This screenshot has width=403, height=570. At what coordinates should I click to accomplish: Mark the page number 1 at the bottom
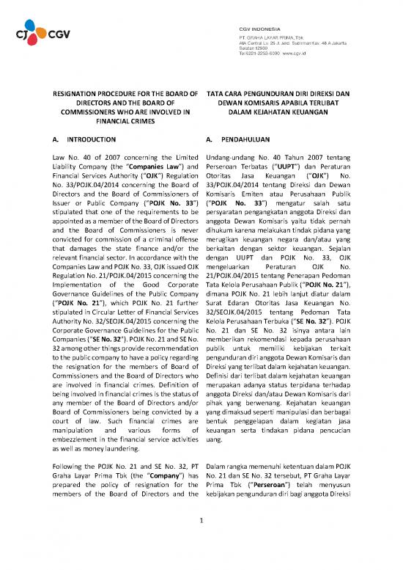(202, 543)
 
